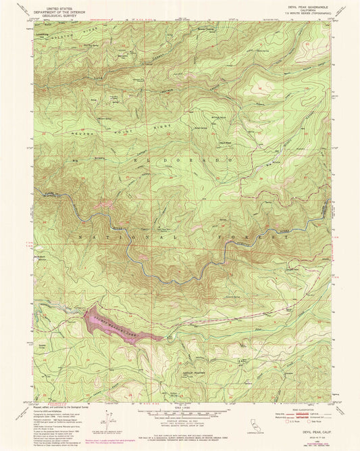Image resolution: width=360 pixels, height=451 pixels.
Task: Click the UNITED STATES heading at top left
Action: point(57,6)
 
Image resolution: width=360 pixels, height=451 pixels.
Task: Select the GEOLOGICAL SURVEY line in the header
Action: point(57,13)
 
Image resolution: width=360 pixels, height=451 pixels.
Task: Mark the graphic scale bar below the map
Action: point(181,414)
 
